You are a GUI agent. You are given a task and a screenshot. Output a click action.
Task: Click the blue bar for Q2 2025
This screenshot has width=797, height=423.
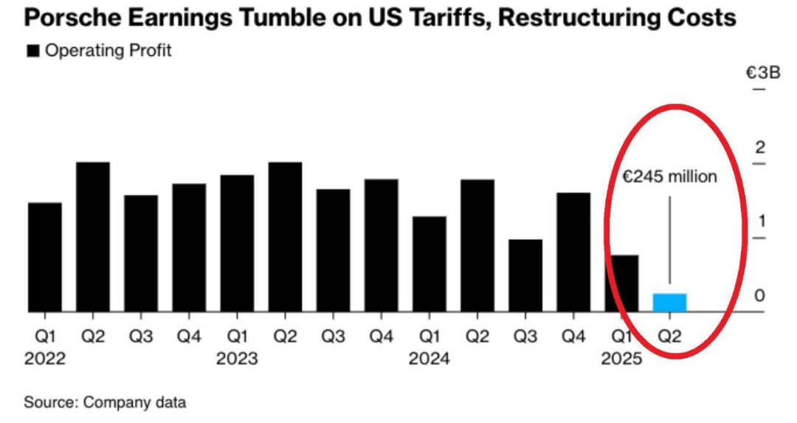point(669,303)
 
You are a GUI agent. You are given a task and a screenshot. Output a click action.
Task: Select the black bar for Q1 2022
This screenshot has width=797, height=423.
point(44,257)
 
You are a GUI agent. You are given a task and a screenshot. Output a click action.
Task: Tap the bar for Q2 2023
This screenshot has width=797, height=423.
point(285,236)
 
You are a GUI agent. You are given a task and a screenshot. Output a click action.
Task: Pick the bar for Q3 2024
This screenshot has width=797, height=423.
point(525,275)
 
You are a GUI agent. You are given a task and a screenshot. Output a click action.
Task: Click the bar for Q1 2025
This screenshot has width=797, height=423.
point(621,283)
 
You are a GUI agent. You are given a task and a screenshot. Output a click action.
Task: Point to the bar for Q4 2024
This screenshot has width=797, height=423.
point(573,252)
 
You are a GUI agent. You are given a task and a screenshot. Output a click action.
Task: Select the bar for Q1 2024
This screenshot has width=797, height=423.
point(429,264)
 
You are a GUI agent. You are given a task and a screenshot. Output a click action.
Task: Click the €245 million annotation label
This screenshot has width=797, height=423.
point(669,177)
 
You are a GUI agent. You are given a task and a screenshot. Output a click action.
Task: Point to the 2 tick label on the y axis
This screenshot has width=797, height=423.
point(759,147)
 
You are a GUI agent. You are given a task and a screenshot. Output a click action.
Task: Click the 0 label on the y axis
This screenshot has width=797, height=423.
point(759,295)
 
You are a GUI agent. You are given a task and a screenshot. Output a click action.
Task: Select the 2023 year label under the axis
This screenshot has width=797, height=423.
point(237,360)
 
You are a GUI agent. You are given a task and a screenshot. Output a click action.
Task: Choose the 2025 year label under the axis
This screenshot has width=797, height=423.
point(621,360)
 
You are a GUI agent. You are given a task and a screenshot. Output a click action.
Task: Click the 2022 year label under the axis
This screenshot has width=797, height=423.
point(45,360)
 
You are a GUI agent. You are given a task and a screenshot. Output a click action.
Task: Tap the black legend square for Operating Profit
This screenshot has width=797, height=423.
point(33,51)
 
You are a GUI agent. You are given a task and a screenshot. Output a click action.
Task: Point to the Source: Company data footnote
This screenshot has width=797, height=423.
point(105,403)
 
